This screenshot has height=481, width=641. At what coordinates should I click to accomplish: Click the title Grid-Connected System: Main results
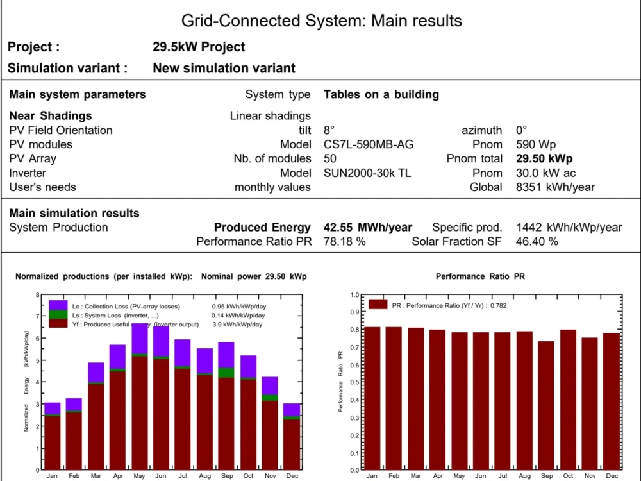pos(321,21)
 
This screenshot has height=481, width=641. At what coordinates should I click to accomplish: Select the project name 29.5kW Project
pos(199,47)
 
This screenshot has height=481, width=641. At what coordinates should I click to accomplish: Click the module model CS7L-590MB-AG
pos(369,144)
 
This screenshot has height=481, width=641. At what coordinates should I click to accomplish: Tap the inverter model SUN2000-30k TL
pos(367,173)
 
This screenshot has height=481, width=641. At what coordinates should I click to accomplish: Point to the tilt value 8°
pos(329,130)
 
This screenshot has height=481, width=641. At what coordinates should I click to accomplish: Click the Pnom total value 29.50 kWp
pos(544,158)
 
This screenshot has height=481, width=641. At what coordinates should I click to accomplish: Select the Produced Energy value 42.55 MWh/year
pos(368,228)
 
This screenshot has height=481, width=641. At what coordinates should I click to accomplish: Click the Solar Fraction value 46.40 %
pos(537,242)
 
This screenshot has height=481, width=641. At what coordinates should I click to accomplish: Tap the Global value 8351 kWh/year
pos(555,187)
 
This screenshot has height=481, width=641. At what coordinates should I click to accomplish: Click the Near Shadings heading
pos(51,116)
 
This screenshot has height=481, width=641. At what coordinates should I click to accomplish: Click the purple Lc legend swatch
pos(58,305)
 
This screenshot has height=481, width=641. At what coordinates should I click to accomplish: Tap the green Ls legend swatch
pos(58,315)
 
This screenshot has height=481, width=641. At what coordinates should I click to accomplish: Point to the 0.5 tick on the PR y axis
pos(354,382)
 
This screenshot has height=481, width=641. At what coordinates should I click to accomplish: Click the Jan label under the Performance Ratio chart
pos(372,476)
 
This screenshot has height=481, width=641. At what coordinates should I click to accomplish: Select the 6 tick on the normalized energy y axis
pos(38,339)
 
